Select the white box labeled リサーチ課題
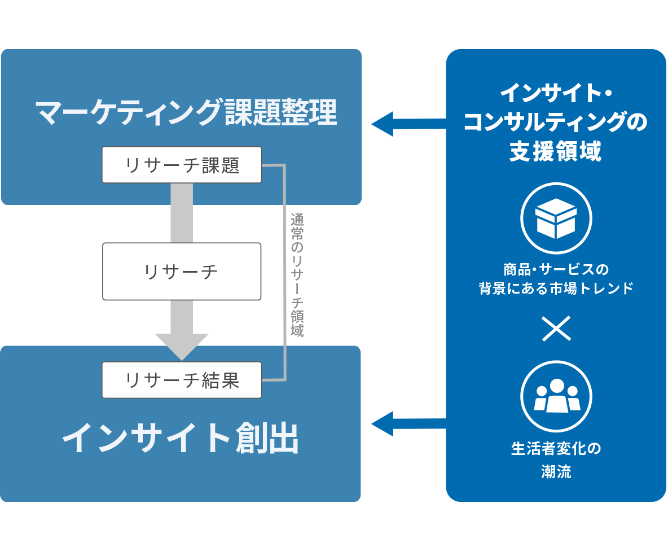pos(182,165)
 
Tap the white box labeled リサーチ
pos(182,272)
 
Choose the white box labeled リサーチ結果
pos(182,380)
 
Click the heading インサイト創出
pos(181,439)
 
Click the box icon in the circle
pos(556,218)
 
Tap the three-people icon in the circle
pos(556,396)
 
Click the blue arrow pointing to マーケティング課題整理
pos(406,123)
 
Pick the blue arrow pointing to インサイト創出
pos(406,423)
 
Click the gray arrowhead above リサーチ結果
pos(182,346)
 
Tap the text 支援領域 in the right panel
pos(556,151)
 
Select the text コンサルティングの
pos(556,122)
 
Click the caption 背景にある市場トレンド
pos(556,288)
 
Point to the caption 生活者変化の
pos(556,449)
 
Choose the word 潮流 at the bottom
pos(556,472)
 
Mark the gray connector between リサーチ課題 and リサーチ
pos(182,213)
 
